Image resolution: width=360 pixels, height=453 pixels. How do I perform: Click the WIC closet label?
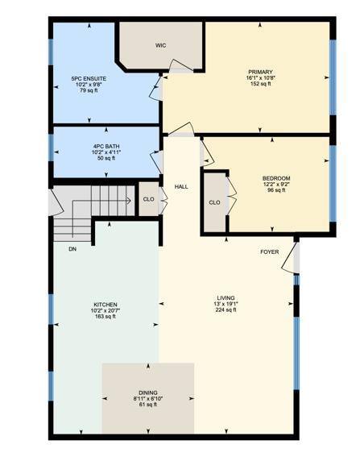(160, 45)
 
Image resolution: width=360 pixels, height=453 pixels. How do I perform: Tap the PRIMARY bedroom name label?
(260, 72)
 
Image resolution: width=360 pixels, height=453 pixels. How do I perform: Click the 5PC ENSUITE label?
(88, 78)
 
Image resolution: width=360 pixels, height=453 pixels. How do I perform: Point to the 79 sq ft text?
(88, 91)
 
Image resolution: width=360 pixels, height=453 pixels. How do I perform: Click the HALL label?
(181, 187)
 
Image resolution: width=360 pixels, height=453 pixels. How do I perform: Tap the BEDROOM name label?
(276, 177)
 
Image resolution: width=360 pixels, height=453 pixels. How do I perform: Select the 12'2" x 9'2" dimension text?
(276, 184)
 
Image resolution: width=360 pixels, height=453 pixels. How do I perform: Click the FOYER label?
(269, 252)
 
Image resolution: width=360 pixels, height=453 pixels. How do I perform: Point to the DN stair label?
(72, 249)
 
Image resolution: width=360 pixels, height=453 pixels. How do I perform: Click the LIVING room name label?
(226, 297)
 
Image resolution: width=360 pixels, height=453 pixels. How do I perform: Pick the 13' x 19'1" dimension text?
(226, 303)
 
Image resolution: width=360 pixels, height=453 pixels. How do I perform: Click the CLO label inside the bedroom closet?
(214, 202)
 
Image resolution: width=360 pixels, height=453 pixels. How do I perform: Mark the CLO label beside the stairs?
(149, 199)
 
